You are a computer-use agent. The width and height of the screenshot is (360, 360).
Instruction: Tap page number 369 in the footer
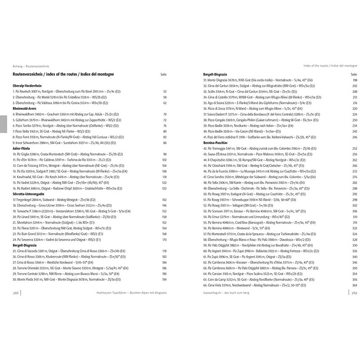click(353, 292)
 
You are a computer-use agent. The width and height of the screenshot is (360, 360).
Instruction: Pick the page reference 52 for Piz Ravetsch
click(165, 91)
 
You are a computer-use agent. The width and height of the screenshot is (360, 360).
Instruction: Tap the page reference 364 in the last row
click(354, 285)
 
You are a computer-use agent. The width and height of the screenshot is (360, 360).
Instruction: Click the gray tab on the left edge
click(3, 124)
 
